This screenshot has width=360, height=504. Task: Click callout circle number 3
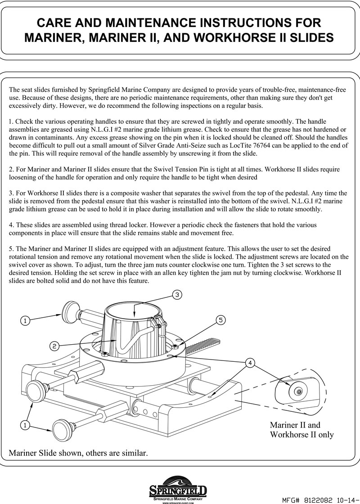point(177,295)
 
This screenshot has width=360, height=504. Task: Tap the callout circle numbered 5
point(220,320)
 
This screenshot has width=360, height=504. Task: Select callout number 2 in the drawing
point(54,346)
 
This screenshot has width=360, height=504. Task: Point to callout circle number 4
point(250,362)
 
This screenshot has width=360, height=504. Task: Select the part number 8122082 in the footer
point(321,500)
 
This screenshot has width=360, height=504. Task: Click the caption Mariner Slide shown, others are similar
point(78,452)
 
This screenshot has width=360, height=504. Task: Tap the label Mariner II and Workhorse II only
point(301,430)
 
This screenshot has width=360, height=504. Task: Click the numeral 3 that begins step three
point(11,193)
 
